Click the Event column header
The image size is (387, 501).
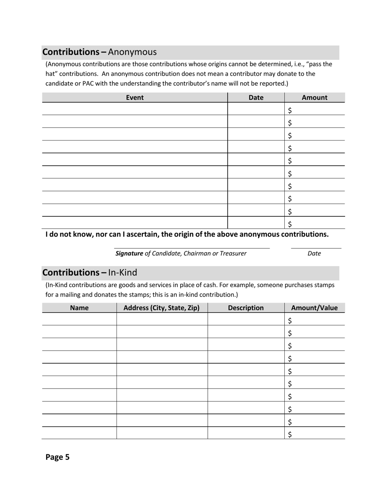coord(135,98)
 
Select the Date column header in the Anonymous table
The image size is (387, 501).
coord(256,98)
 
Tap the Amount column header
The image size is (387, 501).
coord(314,98)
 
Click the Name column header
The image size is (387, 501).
coord(79,308)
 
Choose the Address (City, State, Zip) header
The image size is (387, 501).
coord(161,308)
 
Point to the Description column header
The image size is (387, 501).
coord(246,308)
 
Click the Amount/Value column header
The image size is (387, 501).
coord(314,308)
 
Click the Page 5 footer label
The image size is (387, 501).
coord(57,457)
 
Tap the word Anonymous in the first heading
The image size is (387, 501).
coord(132,52)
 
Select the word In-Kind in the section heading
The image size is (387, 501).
coord(123,272)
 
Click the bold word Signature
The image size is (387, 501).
coord(129,253)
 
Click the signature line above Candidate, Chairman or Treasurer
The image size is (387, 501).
coord(191,248)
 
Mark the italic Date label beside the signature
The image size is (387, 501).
coord(314,253)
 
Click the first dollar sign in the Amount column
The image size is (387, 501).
coord(290,110)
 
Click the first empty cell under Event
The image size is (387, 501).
coord(134,109)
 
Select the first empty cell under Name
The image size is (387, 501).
coord(79,319)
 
